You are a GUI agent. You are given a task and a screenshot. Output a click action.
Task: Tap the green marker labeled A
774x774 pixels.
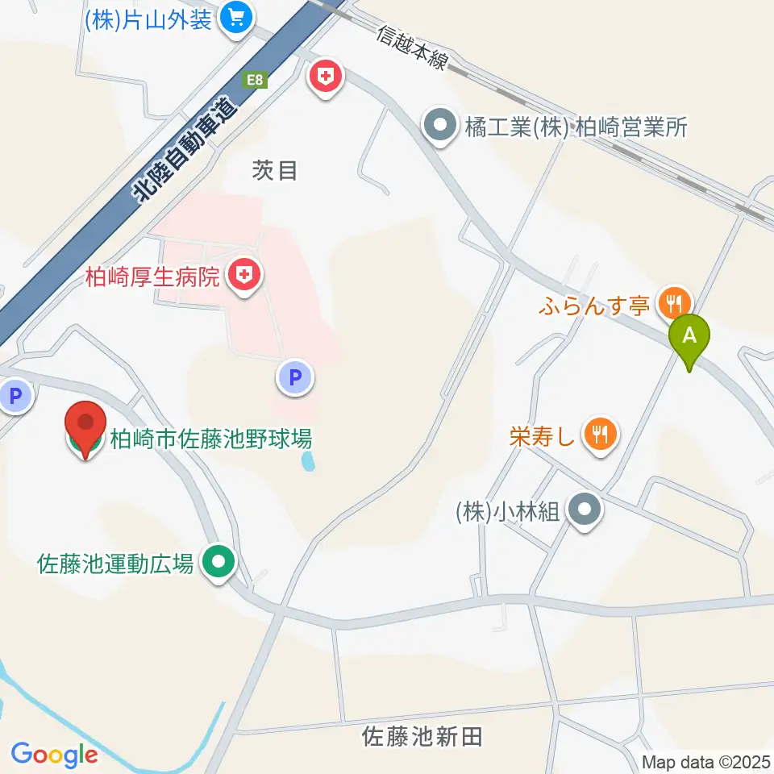click(x=689, y=338)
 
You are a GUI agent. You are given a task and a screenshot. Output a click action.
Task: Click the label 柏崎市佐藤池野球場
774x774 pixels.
click(x=210, y=440)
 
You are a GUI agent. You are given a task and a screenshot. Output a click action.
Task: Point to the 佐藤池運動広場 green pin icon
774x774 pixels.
click(x=218, y=563)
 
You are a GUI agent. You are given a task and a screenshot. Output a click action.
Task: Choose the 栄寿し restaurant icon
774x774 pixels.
click(x=601, y=435)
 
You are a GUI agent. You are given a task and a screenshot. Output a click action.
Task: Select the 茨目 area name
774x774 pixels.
click(x=275, y=170)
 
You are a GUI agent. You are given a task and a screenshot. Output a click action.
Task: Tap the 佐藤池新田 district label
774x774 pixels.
click(x=422, y=735)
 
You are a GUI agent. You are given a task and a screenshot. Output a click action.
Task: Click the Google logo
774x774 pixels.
click(x=54, y=755)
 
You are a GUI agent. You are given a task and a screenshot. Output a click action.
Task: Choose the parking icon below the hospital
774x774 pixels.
click(x=296, y=377)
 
